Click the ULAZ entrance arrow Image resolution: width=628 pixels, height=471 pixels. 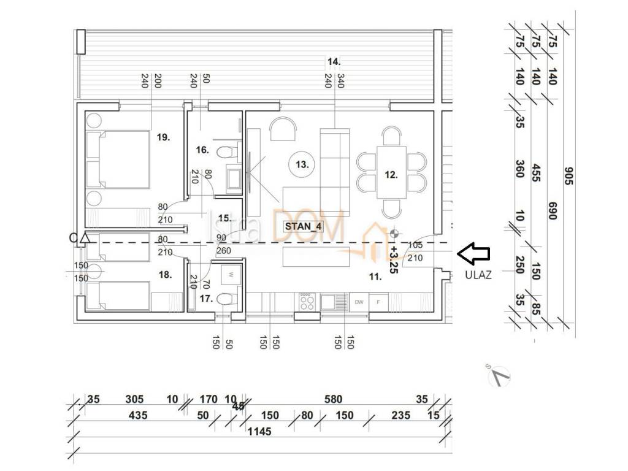pos(474,251)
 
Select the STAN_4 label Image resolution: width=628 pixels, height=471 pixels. pos(303,226)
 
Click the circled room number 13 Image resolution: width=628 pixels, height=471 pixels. pos(302,164)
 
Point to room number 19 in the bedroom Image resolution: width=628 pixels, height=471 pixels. pos(163,137)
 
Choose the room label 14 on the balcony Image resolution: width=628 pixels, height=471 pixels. pos(334,61)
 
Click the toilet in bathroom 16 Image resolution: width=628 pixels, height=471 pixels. pos(228,151)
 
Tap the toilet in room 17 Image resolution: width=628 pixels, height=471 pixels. pos(228,300)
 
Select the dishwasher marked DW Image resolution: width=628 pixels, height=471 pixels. pos(359,302)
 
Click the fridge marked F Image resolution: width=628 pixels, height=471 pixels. pos(379,302)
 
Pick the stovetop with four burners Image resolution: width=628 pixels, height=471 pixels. pos(307,301)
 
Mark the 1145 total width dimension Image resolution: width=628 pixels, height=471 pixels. pos(259,431)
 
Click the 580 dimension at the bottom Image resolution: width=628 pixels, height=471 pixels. pos(333,400)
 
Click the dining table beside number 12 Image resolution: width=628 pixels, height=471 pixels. pos(391,171)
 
